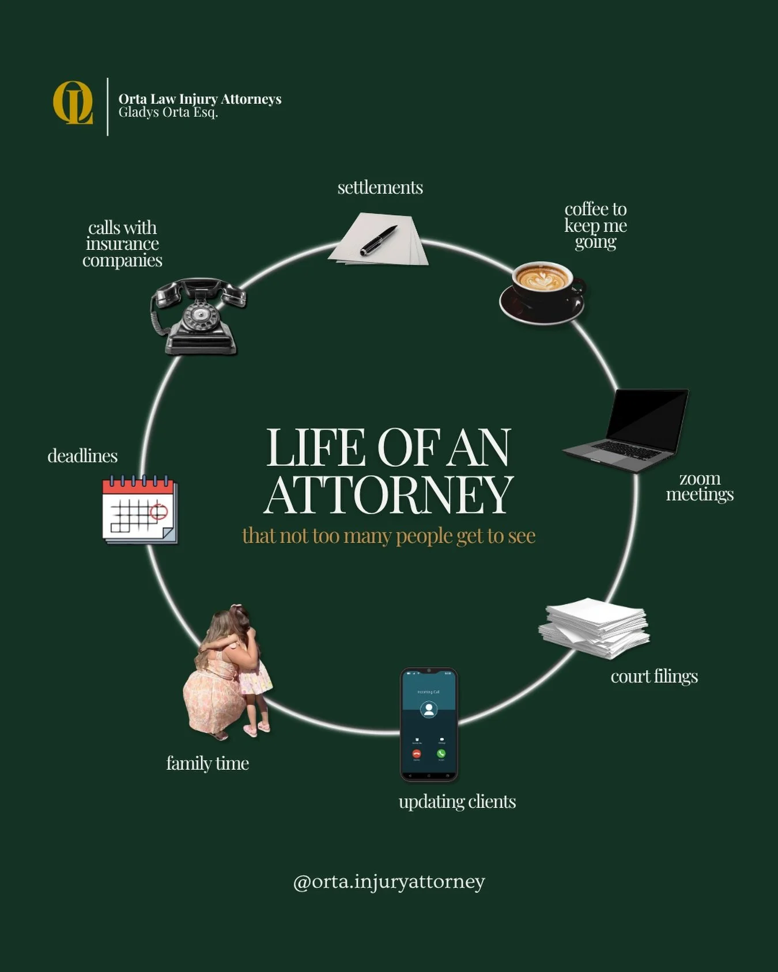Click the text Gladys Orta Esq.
(x=168, y=112)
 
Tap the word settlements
(x=380, y=188)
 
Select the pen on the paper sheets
(x=379, y=240)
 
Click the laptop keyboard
(x=626, y=449)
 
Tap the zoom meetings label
(x=700, y=487)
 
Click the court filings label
(x=654, y=676)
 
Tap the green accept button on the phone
(x=441, y=753)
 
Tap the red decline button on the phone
(x=416, y=753)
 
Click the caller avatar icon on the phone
(x=428, y=709)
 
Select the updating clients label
(x=457, y=802)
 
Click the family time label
(x=207, y=764)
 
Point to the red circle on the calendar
(x=158, y=511)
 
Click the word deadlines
(x=82, y=456)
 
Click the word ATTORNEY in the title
(x=388, y=495)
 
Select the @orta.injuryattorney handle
(x=389, y=882)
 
